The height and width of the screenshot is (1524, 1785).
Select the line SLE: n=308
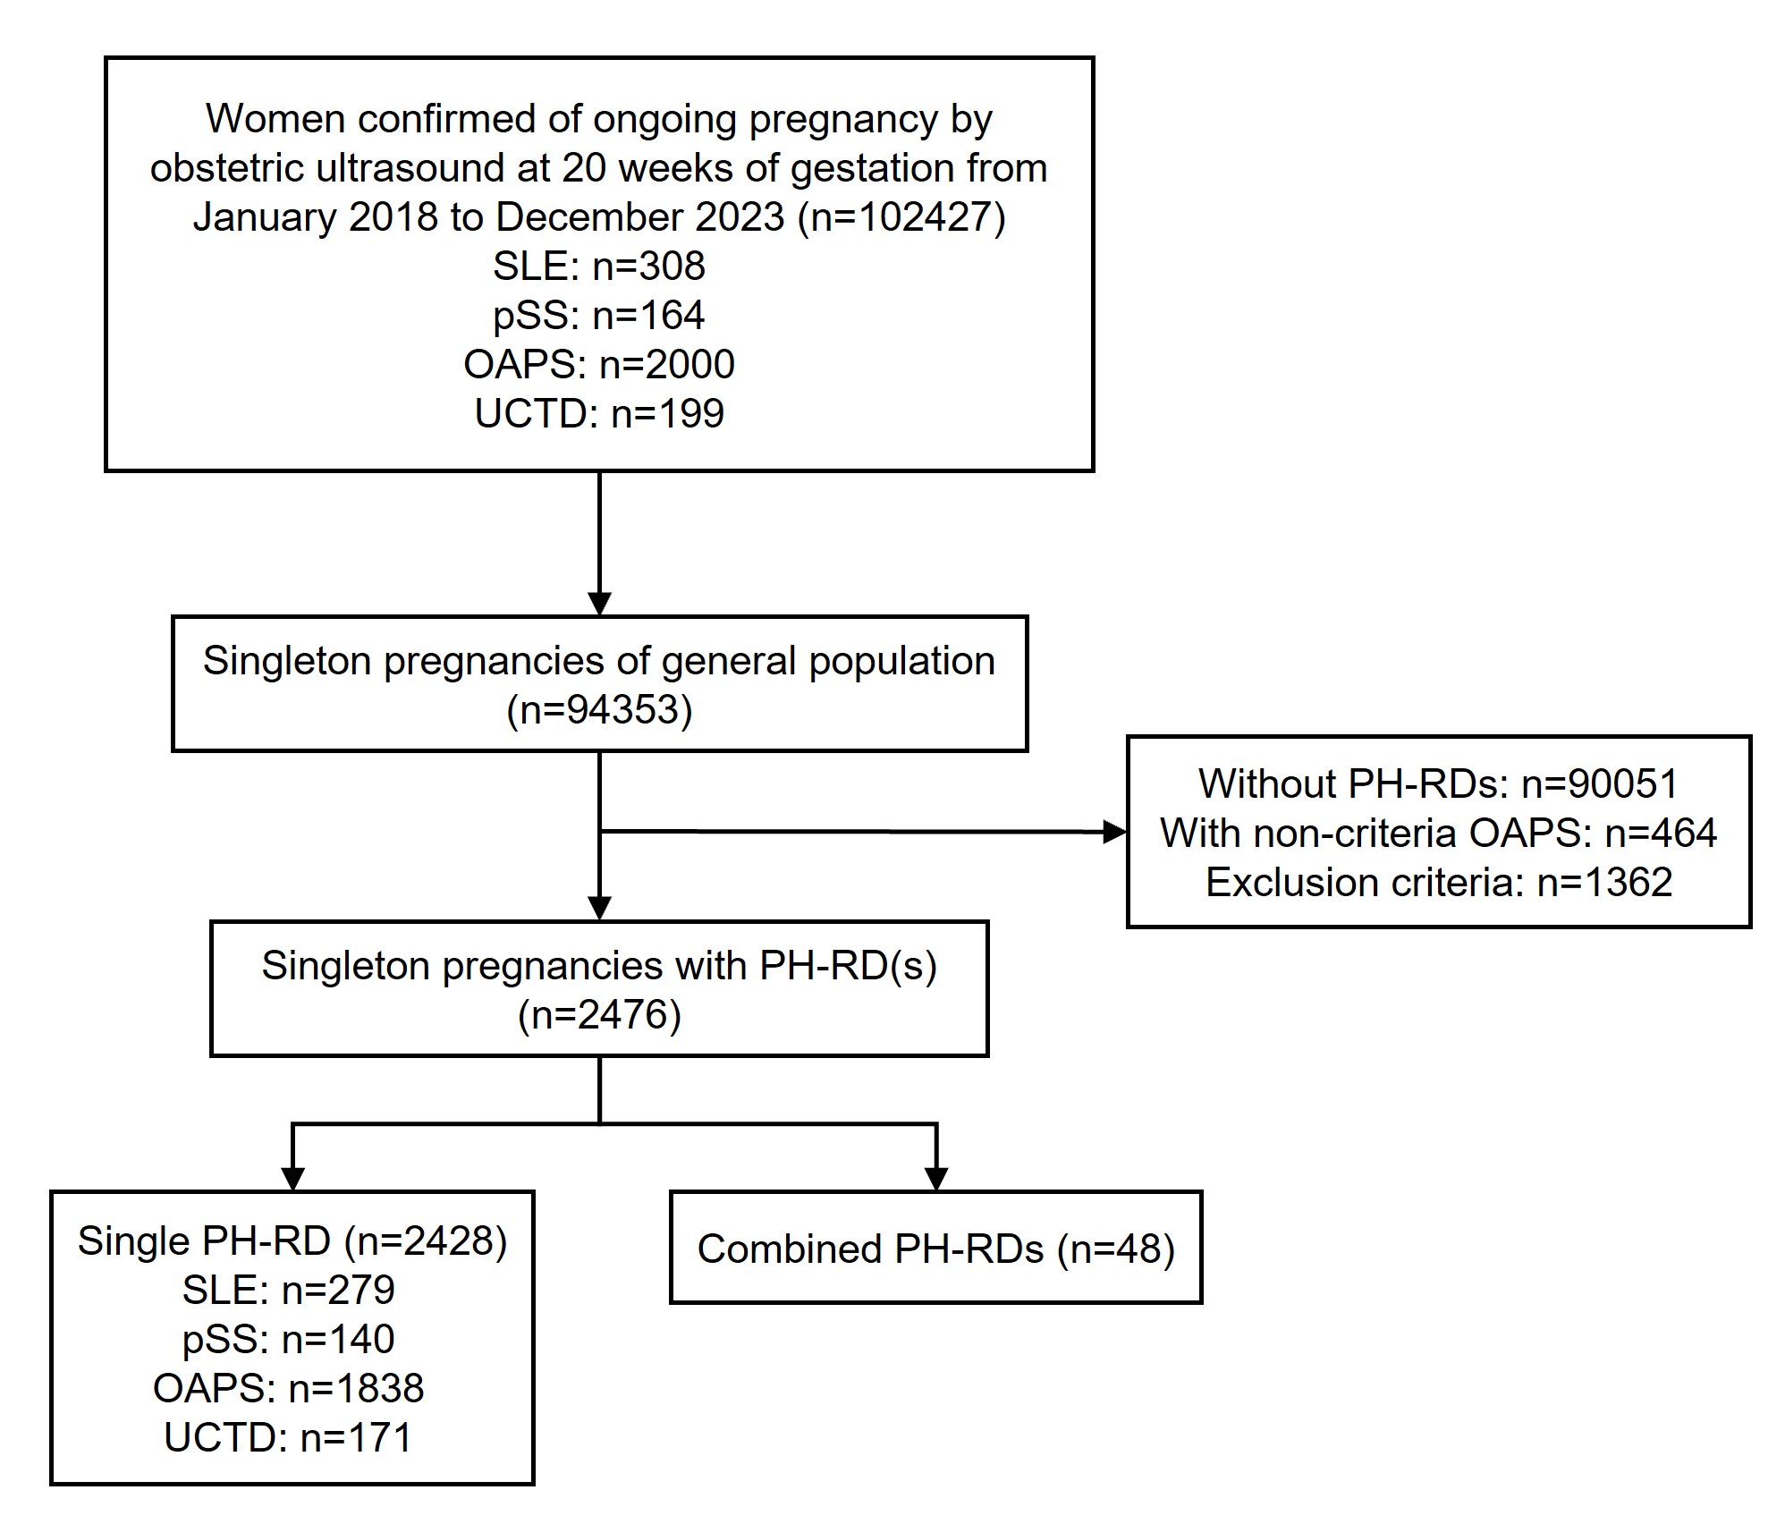click(x=598, y=267)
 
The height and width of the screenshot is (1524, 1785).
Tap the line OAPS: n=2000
click(x=598, y=365)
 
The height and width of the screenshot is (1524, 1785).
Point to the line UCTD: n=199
click(x=598, y=414)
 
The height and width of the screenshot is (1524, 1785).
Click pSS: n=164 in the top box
click(x=598, y=316)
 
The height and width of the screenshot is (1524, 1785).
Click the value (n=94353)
click(x=598, y=710)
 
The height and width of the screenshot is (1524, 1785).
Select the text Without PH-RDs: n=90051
click(x=1437, y=784)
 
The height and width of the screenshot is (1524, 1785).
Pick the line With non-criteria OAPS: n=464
click(x=1437, y=834)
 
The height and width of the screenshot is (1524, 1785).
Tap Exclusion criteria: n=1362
click(x=1437, y=883)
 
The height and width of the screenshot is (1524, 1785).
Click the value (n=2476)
click(x=598, y=1015)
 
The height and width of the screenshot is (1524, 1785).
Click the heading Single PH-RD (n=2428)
click(x=292, y=1241)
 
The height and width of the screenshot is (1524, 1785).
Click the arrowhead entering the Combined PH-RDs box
click(x=935, y=1179)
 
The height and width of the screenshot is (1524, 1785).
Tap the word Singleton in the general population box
click(x=287, y=662)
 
